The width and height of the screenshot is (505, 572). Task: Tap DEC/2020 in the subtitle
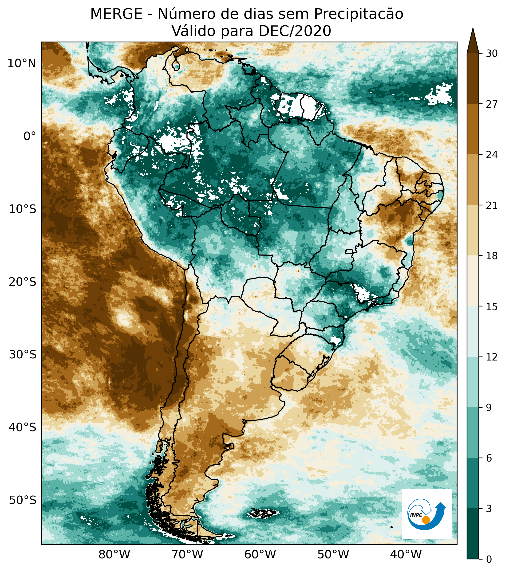click(295, 31)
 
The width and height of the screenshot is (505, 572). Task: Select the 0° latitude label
click(30, 136)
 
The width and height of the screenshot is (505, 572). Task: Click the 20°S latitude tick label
click(22, 282)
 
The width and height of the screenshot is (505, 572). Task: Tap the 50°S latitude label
click(22, 500)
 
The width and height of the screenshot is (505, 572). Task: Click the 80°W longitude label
click(114, 554)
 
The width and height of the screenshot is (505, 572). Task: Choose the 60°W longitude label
click(260, 554)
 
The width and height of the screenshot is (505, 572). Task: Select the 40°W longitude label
click(406, 554)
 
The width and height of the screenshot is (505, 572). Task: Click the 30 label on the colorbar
click(492, 54)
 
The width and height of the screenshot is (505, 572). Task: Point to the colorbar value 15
click(492, 307)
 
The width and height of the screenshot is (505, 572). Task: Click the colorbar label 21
click(492, 206)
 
